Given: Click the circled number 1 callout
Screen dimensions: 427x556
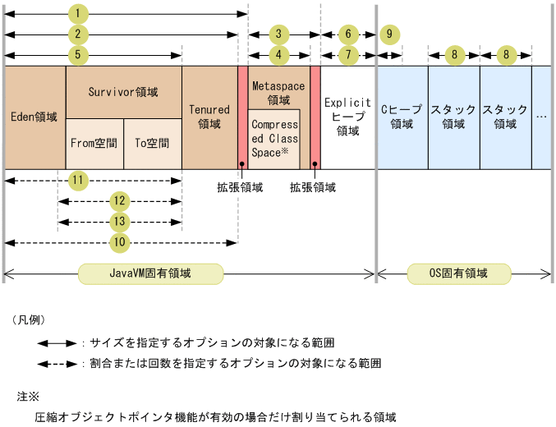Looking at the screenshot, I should [x=77, y=14].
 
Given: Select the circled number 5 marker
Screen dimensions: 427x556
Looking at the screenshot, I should [x=77, y=55].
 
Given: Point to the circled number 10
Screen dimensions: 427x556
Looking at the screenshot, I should [x=121, y=242].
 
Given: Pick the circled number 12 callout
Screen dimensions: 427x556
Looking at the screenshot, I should [x=121, y=201].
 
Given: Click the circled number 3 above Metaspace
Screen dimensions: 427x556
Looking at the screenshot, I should [x=279, y=34].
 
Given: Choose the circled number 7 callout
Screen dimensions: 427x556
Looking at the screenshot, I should [x=348, y=55].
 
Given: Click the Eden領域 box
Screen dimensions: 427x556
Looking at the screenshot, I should [x=34, y=117].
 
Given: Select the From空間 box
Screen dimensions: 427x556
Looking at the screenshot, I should [x=94, y=143].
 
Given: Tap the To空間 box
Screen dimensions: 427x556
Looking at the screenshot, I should [x=153, y=143].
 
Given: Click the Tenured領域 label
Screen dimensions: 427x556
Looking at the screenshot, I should [x=209, y=117].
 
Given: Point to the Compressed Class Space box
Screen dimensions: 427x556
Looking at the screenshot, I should [x=274, y=138].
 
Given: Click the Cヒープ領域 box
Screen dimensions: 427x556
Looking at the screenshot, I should [x=402, y=117].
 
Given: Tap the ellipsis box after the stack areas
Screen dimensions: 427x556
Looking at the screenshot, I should [x=541, y=117].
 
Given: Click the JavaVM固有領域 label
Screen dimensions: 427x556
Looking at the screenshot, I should [x=150, y=273].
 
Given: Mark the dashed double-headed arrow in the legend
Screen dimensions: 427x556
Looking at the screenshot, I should [x=57, y=362].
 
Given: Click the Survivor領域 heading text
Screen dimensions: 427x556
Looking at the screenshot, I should [x=123, y=91].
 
